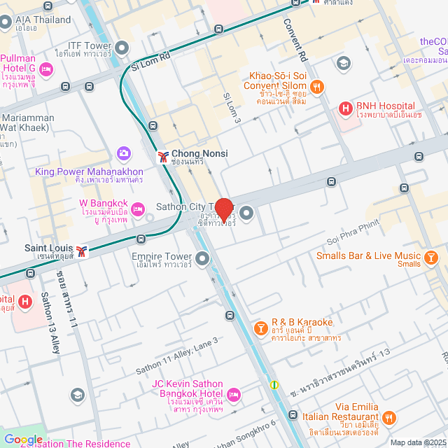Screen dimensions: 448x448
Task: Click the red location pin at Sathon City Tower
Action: pos(223,209)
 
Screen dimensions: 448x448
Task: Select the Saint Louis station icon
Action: pos(83,251)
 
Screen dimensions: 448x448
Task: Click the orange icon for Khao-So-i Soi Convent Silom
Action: pos(317,87)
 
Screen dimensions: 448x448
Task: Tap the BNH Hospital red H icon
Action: pos(344,108)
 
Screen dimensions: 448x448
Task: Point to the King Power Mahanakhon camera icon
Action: pos(124,153)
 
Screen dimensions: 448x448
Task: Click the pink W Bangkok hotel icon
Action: pos(138,208)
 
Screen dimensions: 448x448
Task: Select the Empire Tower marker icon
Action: pos(202,260)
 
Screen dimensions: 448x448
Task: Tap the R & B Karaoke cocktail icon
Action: pos(260,327)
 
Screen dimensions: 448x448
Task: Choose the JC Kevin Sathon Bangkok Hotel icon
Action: pos(234,395)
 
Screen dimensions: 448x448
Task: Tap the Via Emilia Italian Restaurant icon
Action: pos(390,417)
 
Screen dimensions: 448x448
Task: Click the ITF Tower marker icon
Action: pos(122,48)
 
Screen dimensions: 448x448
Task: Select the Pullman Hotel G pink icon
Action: pos(46,69)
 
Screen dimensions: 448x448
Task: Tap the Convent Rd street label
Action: pos(295,39)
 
